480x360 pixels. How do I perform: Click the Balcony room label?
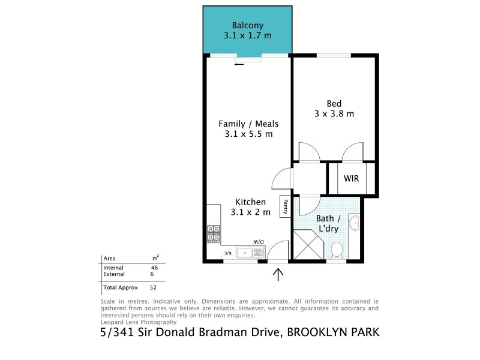point(248,25)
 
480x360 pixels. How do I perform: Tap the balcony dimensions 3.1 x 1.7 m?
point(248,36)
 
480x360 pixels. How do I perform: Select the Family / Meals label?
point(248,124)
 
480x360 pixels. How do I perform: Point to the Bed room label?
point(334,103)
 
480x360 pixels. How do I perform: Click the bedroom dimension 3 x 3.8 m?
point(334,113)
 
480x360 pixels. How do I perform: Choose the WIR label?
point(352,179)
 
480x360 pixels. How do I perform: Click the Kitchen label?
point(250,202)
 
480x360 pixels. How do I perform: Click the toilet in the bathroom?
point(337,248)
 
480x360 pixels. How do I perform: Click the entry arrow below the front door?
point(278,274)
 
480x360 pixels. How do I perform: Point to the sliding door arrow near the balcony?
point(239,64)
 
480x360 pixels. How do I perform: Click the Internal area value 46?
point(154,268)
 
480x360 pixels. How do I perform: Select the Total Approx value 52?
point(153,287)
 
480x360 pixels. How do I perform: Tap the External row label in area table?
point(113,274)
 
